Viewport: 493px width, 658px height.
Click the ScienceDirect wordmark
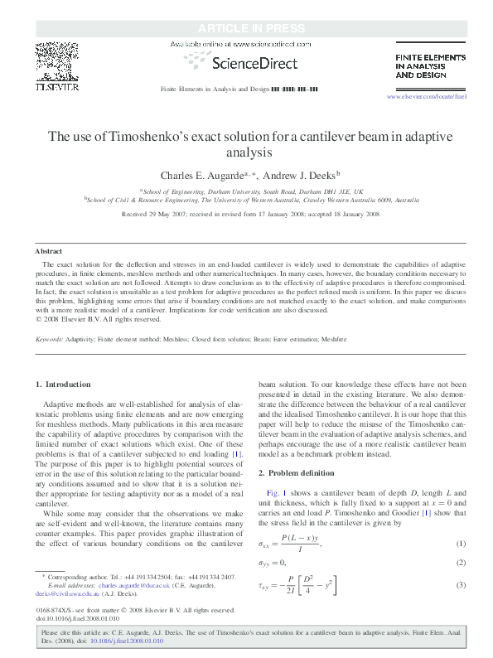point(247,60)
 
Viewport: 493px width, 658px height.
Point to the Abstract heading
point(49,250)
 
